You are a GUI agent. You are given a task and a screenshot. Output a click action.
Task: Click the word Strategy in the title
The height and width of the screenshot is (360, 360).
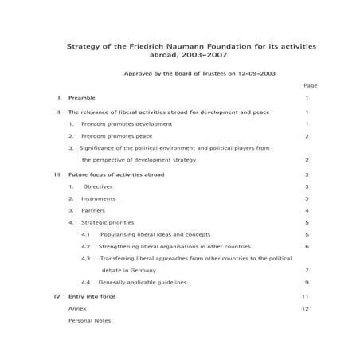pos(84,47)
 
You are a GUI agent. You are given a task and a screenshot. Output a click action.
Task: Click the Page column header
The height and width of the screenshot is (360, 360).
pos(310,85)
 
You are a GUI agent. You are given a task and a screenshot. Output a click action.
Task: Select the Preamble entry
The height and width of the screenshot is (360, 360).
pos(83,98)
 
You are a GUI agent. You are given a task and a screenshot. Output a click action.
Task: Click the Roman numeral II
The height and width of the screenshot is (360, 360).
pos(58,112)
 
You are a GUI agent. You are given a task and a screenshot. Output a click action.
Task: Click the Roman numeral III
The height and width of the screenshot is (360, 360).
pos(57,173)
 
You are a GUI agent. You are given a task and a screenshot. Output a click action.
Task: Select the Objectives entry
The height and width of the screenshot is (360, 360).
pos(97,186)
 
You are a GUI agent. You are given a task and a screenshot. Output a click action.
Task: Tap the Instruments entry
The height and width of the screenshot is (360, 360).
pos(98,198)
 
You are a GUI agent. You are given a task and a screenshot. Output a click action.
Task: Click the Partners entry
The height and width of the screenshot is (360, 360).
pos(93,210)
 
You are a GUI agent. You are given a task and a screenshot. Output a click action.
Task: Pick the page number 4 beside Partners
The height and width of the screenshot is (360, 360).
pos(307,210)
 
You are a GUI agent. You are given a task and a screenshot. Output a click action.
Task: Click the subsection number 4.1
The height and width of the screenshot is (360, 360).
pos(86,234)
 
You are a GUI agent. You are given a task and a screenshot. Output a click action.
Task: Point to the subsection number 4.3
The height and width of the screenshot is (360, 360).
pos(86,258)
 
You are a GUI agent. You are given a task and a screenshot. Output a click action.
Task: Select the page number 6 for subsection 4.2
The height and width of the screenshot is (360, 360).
pos(307,246)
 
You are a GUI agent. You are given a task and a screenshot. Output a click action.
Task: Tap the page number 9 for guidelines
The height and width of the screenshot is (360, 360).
pos(307,282)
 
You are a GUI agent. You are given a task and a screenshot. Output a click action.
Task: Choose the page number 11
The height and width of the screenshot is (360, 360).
pos(305,295)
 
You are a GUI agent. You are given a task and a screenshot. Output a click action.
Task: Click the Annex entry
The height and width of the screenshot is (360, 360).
pos(77,307)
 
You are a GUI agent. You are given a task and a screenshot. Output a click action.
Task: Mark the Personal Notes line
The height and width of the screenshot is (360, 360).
pos(90,320)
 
